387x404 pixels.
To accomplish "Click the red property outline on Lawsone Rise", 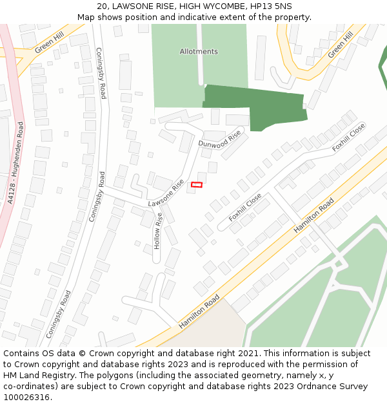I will pyautogui.click(x=197, y=185).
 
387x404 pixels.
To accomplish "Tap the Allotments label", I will pyautogui.click(x=199, y=51).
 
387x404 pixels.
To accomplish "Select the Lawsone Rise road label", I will pyautogui.click(x=166, y=193).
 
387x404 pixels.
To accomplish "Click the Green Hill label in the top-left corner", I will pyautogui.click(x=50, y=44).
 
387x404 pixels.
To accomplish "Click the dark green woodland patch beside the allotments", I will pyautogui.click(x=258, y=107).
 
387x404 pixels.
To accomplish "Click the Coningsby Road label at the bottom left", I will pyautogui.click(x=57, y=318).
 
